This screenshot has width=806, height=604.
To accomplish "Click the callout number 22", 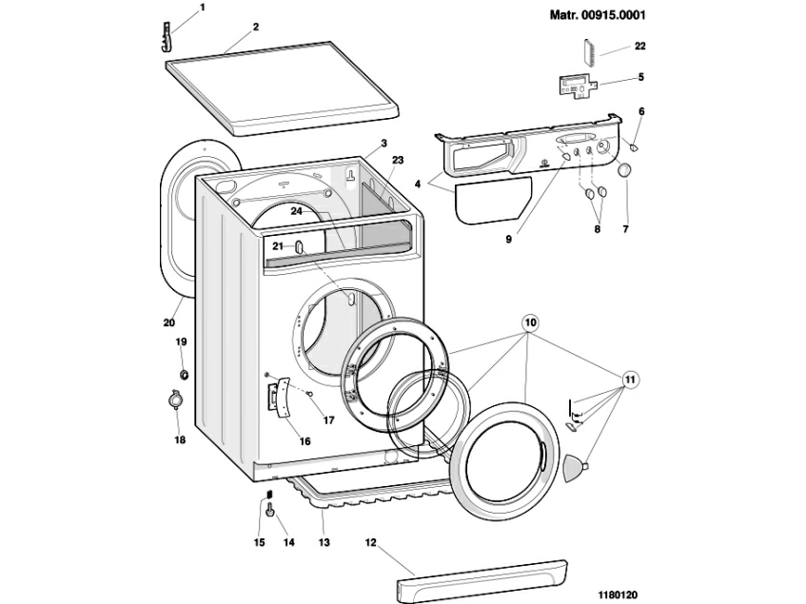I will tap(639, 46).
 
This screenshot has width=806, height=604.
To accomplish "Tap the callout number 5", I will tap(640, 77).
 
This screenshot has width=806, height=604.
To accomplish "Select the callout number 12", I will tap(371, 543).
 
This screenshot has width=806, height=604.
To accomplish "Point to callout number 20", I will tap(168, 321).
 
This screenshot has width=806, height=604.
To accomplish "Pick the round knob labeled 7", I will tap(624, 171).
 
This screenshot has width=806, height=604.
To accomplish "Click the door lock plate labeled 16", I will tap(281, 397).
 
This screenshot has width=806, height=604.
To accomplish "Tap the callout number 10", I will tap(530, 322).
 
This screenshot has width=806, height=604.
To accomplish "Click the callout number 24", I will tap(296, 211).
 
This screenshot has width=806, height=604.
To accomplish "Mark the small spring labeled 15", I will tap(269, 494).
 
